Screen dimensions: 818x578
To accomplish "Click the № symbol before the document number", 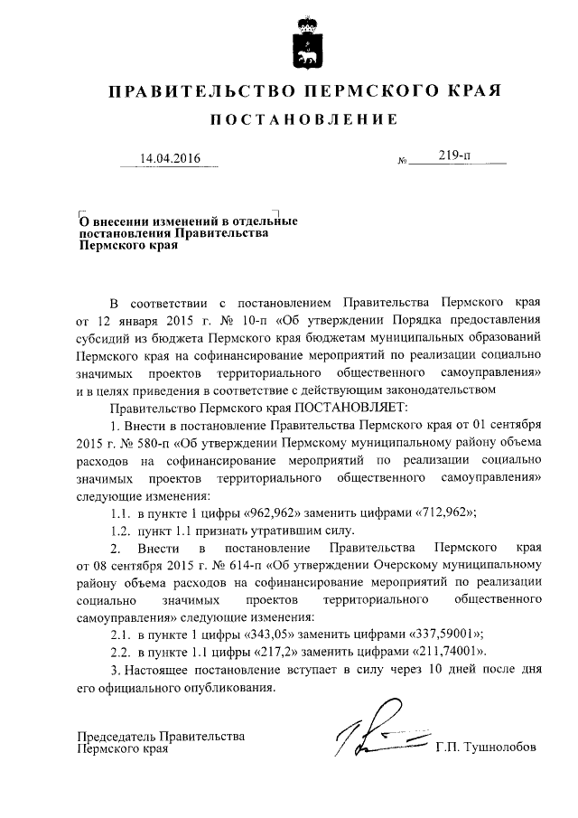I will click(x=402, y=162).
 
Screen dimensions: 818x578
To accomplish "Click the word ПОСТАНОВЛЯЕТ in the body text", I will click(x=349, y=407).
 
